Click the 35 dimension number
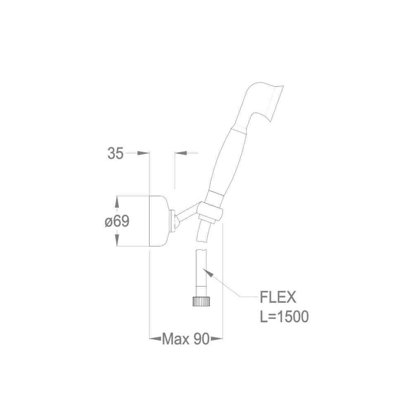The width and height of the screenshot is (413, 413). (x=115, y=153)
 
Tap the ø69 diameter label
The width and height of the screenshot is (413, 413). (x=117, y=221)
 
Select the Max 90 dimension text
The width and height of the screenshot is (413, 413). (x=186, y=339)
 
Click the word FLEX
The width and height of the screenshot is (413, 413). (x=278, y=297)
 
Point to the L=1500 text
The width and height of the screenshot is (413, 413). (x=284, y=317)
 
